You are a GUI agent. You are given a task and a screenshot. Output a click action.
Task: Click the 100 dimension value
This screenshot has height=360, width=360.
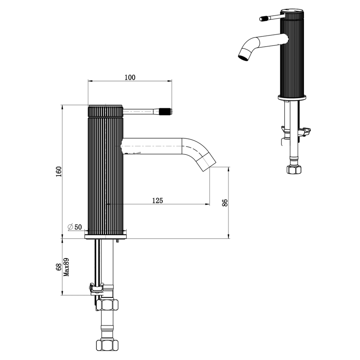pos(130,77)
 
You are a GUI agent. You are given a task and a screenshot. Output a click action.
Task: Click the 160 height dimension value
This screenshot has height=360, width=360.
pos(59,171)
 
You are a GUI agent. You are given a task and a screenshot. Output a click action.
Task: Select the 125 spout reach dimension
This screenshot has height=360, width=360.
pos(157,200)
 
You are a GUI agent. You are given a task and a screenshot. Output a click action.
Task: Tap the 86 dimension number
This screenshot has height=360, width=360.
pos(225,203)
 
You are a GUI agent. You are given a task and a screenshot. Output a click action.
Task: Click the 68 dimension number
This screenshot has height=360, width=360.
pos(58,268)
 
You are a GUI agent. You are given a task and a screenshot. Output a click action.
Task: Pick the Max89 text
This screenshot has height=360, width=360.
pos(66,268)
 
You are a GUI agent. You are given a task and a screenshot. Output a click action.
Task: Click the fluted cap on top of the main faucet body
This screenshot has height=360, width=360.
pos(106,111)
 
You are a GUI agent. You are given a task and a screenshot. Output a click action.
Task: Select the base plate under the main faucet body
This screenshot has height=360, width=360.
pos(105,237)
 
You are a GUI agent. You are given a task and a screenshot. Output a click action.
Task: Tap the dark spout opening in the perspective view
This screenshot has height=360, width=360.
pos(243,58)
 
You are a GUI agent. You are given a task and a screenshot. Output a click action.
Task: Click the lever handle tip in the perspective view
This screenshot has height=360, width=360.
pos(264,18)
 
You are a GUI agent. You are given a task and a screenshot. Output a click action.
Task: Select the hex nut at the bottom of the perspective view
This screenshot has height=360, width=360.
pos(293,169)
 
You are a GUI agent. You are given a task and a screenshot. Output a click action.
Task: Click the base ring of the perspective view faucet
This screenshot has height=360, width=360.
pos(292,97)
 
